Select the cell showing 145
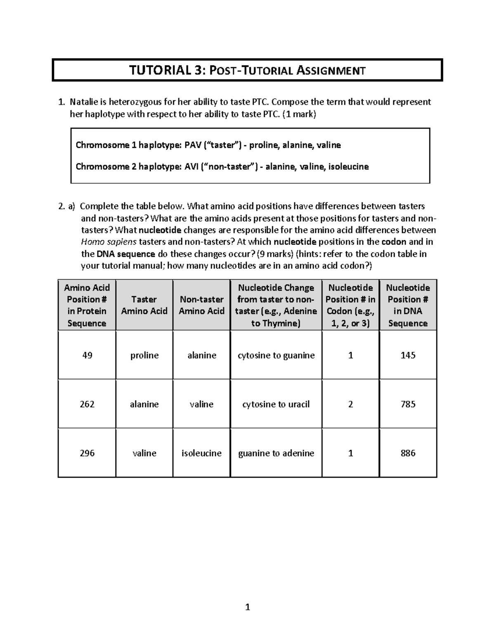coord(408,355)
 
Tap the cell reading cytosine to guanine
coord(276,355)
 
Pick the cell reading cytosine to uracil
coord(276,404)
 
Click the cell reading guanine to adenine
coord(276,453)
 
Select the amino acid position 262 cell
coord(87,404)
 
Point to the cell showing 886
coord(408,453)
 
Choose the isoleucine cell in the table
coord(201,453)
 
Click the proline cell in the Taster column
coord(144,355)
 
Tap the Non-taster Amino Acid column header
coord(201,305)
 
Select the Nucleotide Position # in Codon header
coord(350,305)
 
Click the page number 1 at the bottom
coord(247,607)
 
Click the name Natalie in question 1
coord(84,102)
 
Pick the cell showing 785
coord(408,404)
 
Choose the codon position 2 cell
coord(350,404)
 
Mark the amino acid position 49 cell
coord(87,355)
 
